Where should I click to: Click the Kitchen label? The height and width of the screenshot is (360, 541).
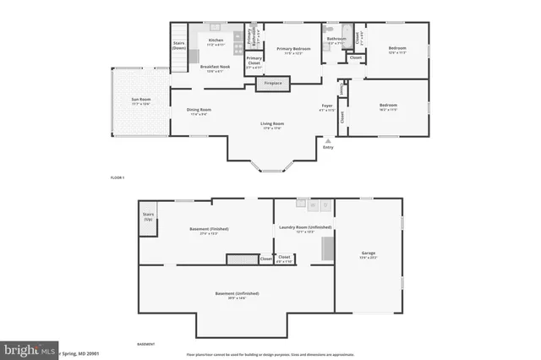[x=216, y=41]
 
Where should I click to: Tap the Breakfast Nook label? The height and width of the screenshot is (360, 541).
[x=218, y=68]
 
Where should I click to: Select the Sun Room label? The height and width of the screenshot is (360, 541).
[x=140, y=102]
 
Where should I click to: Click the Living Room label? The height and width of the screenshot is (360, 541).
[x=271, y=126]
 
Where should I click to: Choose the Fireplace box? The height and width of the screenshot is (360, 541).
[x=273, y=84]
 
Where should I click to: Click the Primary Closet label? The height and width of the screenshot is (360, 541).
[x=254, y=62]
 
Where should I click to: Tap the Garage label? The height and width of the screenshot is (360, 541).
[x=368, y=254]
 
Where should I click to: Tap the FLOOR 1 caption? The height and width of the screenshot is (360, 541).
[x=117, y=178]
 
